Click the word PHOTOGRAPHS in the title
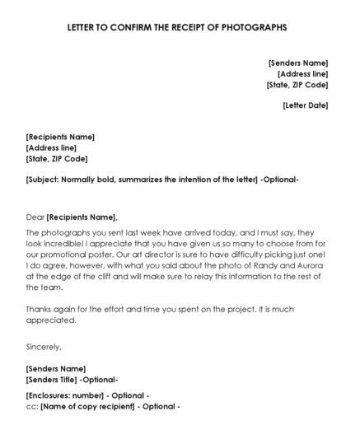(x=250, y=26)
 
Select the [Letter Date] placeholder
(x=305, y=105)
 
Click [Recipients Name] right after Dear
(x=82, y=217)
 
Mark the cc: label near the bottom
(x=32, y=406)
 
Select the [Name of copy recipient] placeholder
(x=87, y=406)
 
